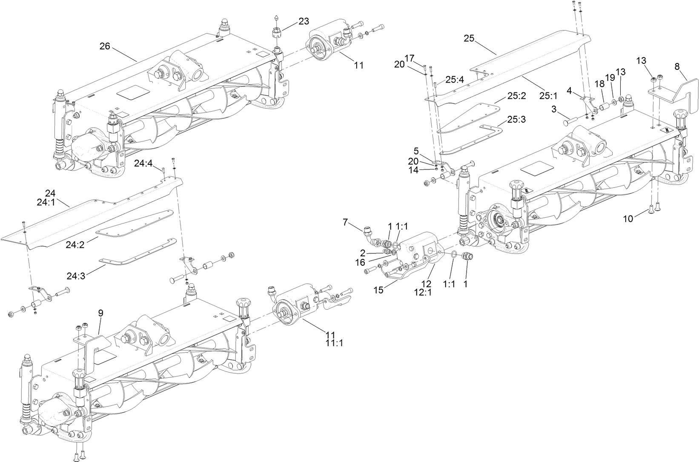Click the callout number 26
(105, 46)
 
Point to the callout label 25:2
(517, 96)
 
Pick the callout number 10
(628, 218)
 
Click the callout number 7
(345, 221)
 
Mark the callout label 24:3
(76, 276)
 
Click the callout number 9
(100, 313)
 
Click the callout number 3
(554, 109)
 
